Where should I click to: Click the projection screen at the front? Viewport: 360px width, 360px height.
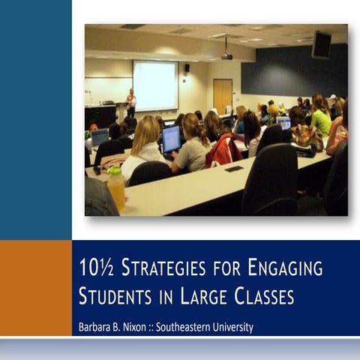tap(155, 85)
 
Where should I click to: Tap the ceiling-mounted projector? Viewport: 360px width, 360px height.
tap(226, 55)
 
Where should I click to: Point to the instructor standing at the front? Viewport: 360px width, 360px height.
tap(131, 102)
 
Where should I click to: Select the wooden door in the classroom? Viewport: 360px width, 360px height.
tap(222, 95)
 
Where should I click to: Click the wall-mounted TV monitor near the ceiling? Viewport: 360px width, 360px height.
tap(322, 45)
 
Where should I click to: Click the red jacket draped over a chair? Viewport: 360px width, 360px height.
tap(226, 150)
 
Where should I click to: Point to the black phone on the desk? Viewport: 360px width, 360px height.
tap(235, 169)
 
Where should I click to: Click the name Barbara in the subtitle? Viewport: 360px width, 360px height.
tap(95, 328)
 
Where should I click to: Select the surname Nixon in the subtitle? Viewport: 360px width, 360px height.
tap(142, 328)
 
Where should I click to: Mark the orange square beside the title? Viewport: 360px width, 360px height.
tap(35, 287)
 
